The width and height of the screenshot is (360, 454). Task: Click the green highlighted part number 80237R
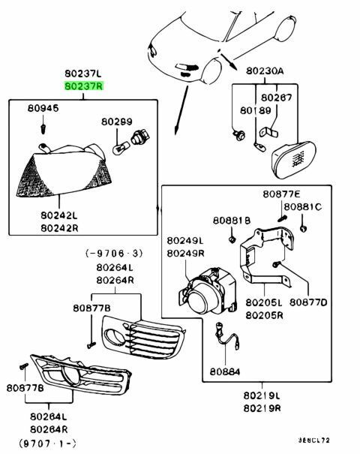pyautogui.click(x=84, y=86)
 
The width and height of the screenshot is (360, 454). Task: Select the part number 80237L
pyautogui.click(x=83, y=74)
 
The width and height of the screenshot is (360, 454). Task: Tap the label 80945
pyautogui.click(x=43, y=108)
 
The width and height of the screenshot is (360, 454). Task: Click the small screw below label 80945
pyautogui.click(x=43, y=128)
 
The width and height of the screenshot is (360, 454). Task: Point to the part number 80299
pyautogui.click(x=116, y=122)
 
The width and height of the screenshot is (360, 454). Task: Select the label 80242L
pyautogui.click(x=59, y=215)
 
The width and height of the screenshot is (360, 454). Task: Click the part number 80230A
pyautogui.click(x=265, y=71)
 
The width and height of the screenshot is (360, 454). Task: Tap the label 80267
pyautogui.click(x=277, y=98)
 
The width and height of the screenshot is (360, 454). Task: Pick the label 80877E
pyautogui.click(x=281, y=194)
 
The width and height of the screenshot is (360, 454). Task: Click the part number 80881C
pyautogui.click(x=302, y=206)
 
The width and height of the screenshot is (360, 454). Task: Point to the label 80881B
pyautogui.click(x=232, y=221)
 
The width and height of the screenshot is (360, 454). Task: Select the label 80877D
pyautogui.click(x=308, y=302)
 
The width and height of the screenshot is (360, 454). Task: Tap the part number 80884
pyautogui.click(x=225, y=371)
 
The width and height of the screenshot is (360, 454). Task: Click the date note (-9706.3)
pyautogui.click(x=114, y=254)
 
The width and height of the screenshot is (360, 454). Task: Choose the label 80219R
pyautogui.click(x=262, y=408)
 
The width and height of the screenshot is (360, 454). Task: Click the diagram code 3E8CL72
pyautogui.click(x=314, y=440)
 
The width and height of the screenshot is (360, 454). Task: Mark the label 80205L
pyautogui.click(x=264, y=302)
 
